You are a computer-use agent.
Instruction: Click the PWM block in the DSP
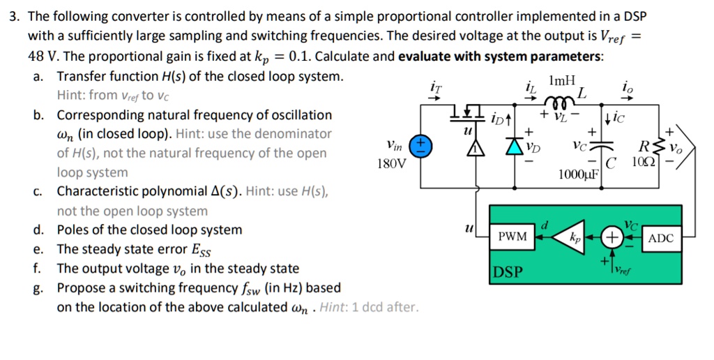tap(512, 238)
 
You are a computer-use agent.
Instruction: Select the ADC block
tap(660, 238)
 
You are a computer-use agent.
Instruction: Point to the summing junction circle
tap(612, 238)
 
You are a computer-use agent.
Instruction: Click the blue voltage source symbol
tap(420, 145)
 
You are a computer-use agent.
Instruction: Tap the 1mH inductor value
tap(562, 80)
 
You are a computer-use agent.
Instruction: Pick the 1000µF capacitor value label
tap(578, 174)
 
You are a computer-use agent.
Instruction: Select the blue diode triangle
tap(516, 147)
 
